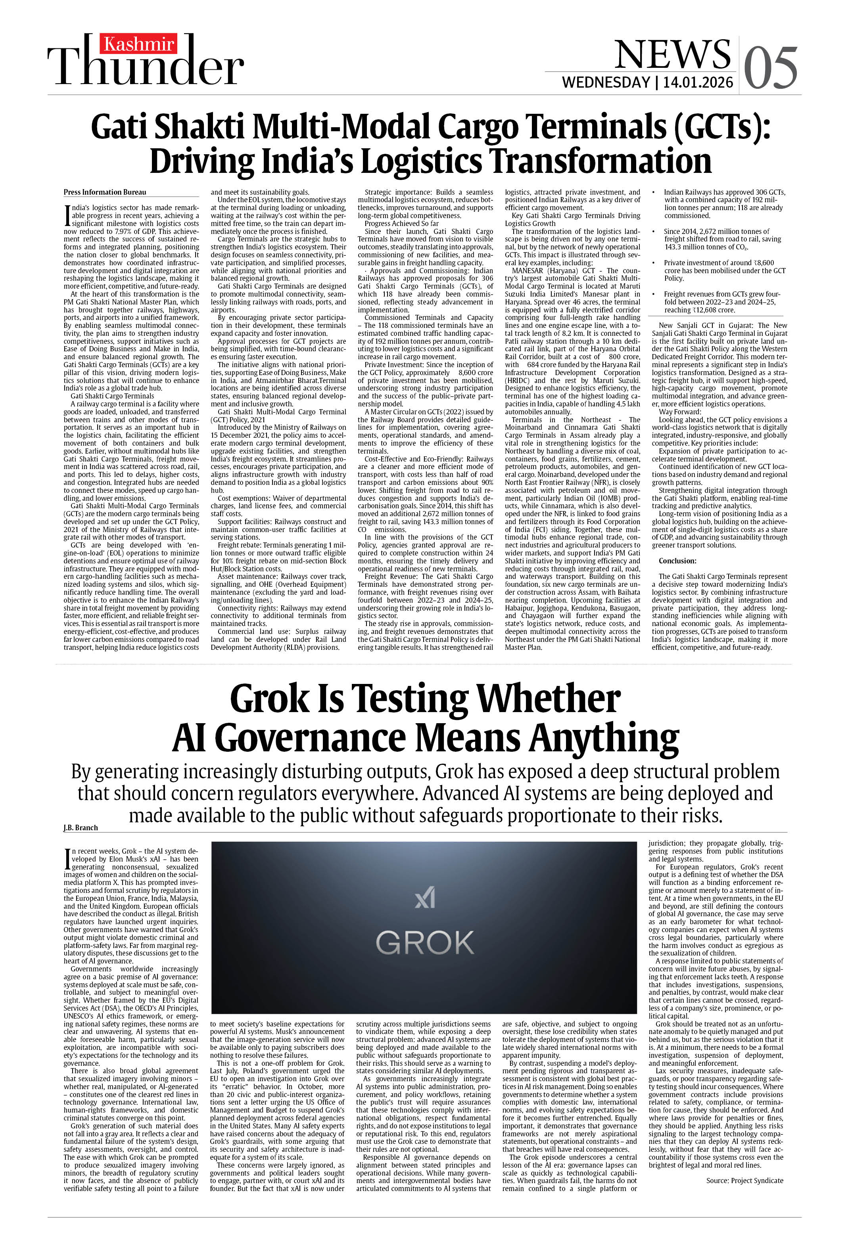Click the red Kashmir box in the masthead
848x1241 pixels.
(x=139, y=44)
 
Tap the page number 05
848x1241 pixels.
(x=770, y=68)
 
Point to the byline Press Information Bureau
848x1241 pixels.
(x=105, y=192)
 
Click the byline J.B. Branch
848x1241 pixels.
(x=81, y=828)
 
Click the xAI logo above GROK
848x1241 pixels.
(x=425, y=898)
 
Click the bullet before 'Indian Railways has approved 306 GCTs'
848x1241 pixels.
(x=654, y=192)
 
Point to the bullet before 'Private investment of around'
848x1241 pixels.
(x=654, y=263)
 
